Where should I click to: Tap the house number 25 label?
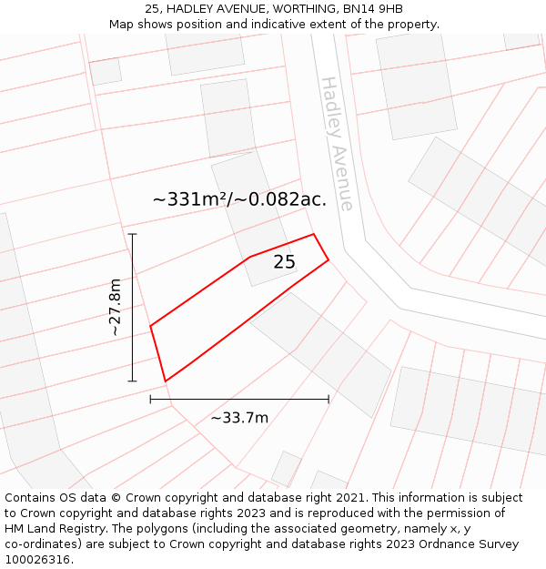pos(284,262)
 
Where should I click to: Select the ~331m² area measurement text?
pos(192,198)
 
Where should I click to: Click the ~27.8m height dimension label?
pos(116,308)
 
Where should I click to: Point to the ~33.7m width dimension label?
pos(239,418)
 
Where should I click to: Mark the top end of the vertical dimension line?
pos(132,234)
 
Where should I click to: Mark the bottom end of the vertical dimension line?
pos(132,381)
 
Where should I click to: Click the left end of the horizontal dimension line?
pos(150,399)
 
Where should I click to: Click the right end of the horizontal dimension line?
pos(329,399)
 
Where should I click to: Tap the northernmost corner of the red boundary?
pos(314,234)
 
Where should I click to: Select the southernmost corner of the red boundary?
pos(165,381)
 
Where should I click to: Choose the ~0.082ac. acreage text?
pos(282,198)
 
